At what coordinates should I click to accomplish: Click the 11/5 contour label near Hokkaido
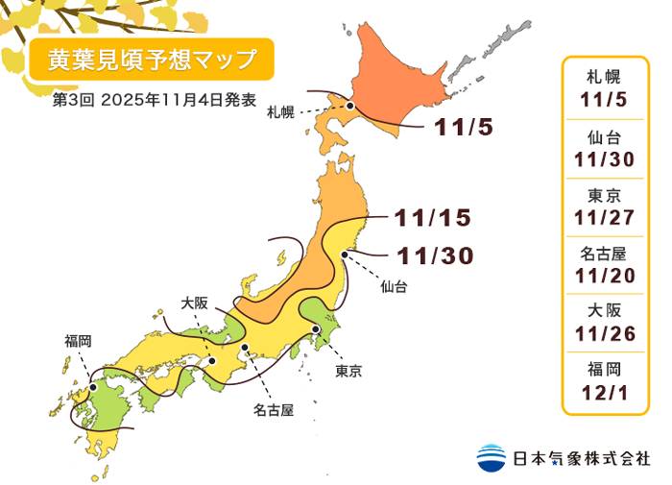464,126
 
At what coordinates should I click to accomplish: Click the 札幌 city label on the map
281,113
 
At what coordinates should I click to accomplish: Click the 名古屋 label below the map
273,410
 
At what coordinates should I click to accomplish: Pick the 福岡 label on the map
79,340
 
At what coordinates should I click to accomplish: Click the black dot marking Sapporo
351,107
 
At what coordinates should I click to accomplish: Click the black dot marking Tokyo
315,329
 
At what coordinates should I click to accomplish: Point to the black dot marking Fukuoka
91,391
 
